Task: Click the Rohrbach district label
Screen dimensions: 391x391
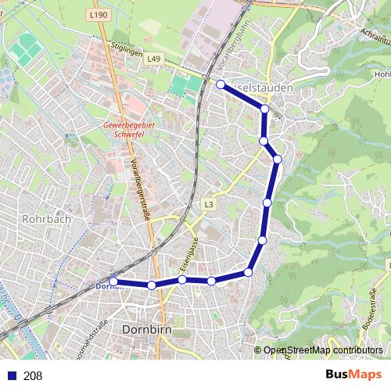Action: (x=47, y=219)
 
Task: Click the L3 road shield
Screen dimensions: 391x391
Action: (x=208, y=205)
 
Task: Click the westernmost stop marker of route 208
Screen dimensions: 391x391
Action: (x=113, y=282)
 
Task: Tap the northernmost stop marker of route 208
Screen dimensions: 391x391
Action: (x=221, y=84)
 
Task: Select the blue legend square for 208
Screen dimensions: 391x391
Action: (x=9, y=375)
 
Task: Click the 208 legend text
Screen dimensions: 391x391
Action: (x=32, y=375)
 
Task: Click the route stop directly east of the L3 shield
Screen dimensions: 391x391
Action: (x=267, y=203)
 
